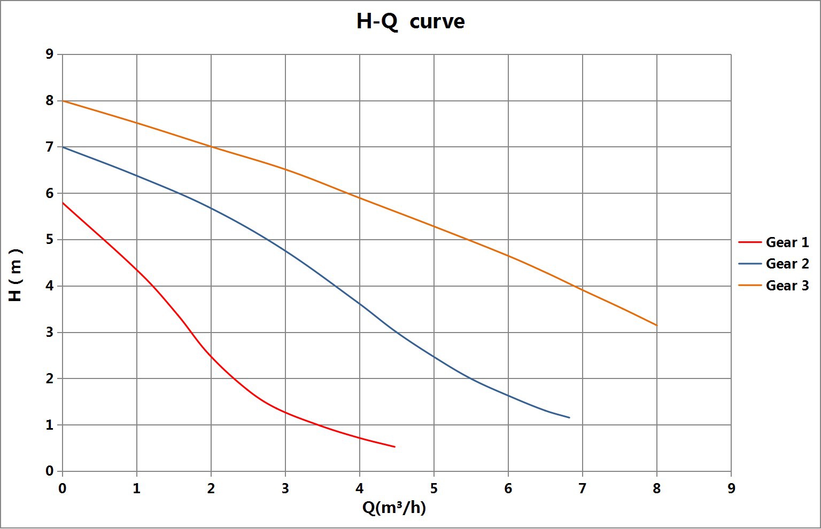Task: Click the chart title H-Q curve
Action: click(410, 22)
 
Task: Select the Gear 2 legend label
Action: click(787, 264)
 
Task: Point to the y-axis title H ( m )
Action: click(16, 275)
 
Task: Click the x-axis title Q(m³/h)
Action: click(394, 508)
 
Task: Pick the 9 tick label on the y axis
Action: click(50, 54)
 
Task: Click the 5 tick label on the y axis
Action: click(50, 240)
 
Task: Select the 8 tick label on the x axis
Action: click(657, 488)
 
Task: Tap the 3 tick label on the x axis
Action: click(285, 488)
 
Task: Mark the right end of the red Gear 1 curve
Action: click(395, 447)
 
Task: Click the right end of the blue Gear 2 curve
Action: click(569, 417)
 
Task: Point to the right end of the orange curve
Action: click(656, 325)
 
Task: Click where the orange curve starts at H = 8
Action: click(63, 101)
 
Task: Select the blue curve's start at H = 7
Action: click(63, 147)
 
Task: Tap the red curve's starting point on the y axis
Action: click(63, 203)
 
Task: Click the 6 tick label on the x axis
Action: click(508, 488)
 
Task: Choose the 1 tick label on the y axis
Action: click(50, 425)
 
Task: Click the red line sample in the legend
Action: click(749, 242)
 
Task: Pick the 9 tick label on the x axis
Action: click(731, 488)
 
